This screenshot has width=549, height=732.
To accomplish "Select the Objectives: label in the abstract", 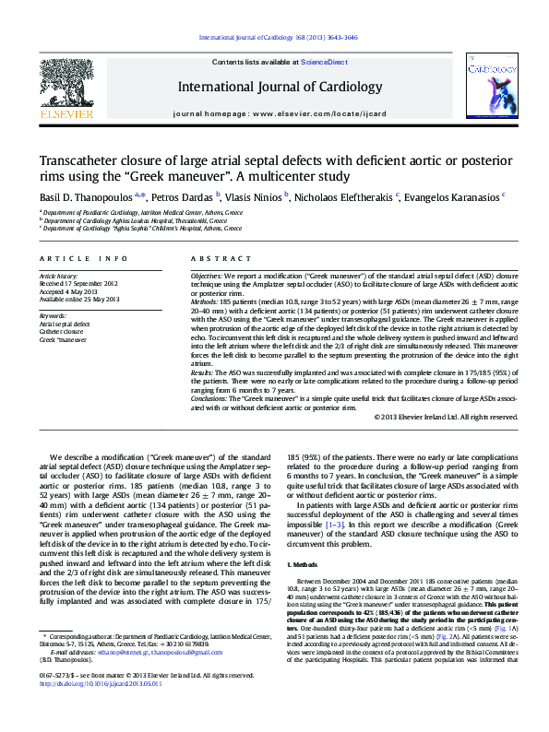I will pos(206,276).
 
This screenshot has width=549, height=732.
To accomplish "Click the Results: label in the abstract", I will pos(202,372).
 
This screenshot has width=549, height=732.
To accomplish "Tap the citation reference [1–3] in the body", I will pos(335,524).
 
